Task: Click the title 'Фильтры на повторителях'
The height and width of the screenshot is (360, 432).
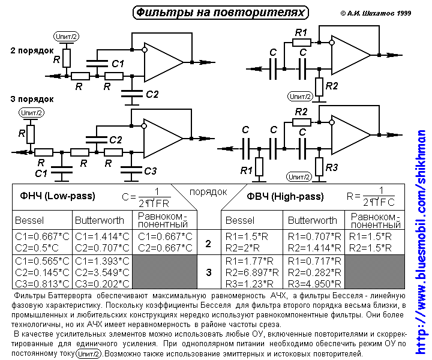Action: [x=220, y=12]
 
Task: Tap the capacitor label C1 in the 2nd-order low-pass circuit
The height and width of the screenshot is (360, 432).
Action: [x=118, y=64]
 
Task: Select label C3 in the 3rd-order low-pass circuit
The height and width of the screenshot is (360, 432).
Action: [x=151, y=171]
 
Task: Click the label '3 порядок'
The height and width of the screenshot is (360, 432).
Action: [x=32, y=98]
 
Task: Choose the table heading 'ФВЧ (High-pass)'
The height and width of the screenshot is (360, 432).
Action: [x=285, y=196]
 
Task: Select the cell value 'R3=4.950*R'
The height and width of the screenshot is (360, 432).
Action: [x=313, y=283]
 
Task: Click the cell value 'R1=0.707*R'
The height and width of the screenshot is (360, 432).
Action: [x=313, y=236]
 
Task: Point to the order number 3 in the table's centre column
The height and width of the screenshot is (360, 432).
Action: [x=208, y=272]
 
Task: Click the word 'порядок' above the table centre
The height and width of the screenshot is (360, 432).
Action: [x=208, y=192]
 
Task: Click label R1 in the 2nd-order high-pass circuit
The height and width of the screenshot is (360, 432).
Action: [x=302, y=32]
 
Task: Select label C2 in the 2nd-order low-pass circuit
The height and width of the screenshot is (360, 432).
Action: [x=152, y=94]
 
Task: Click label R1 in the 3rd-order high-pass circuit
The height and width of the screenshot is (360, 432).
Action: [x=247, y=171]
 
